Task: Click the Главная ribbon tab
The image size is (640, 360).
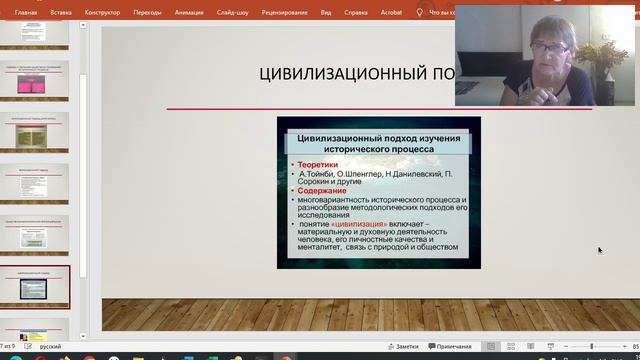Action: coord(26,13)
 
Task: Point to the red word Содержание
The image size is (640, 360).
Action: coord(321,190)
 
